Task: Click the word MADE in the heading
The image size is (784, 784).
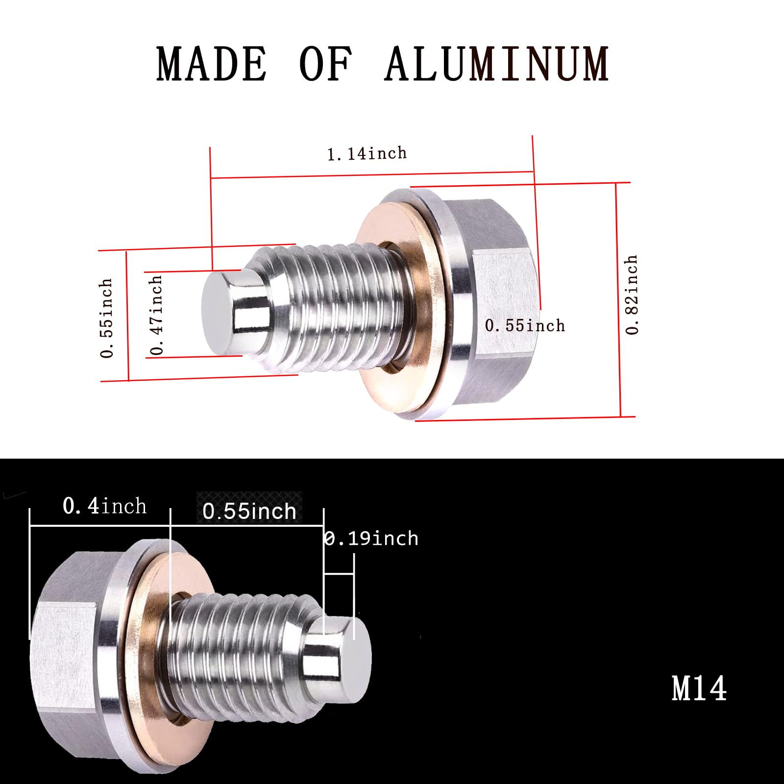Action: (212, 64)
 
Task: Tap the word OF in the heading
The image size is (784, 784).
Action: (325, 64)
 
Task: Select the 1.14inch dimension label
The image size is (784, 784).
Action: (367, 154)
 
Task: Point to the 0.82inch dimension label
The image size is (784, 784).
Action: (632, 294)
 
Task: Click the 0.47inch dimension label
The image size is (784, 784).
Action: (156, 315)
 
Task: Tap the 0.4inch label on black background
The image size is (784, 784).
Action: (104, 506)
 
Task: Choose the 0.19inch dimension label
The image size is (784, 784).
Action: (371, 539)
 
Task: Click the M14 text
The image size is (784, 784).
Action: (699, 688)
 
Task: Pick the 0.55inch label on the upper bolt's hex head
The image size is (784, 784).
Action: (525, 326)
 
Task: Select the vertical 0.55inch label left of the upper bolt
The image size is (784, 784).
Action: (106, 318)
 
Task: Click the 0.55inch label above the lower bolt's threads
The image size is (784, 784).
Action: (249, 511)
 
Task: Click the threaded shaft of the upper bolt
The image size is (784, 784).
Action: (333, 309)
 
